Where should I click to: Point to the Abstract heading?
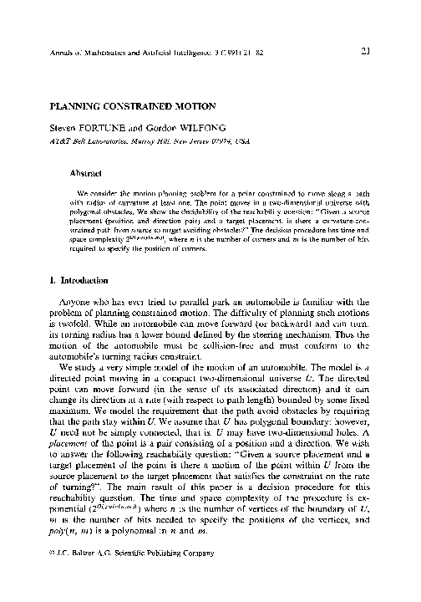point(84,174)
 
